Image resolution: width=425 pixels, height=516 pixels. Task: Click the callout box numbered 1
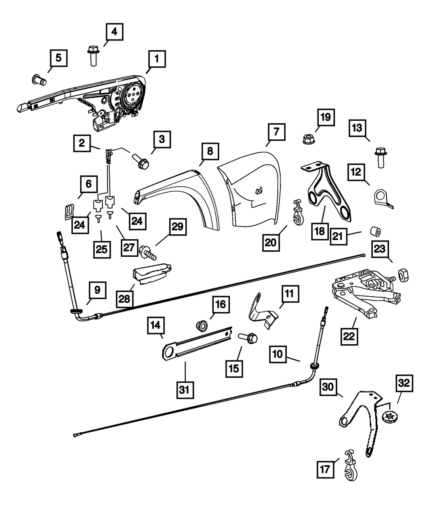157,59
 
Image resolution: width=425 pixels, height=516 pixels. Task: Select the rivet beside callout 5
40,79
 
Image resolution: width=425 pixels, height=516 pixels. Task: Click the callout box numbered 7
277,132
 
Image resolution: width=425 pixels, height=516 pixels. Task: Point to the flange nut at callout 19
309,139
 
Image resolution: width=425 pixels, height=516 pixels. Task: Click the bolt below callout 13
381,158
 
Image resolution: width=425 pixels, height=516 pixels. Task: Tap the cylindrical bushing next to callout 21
375,232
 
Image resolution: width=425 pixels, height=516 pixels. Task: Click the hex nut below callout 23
403,275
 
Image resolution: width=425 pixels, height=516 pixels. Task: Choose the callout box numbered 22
349,336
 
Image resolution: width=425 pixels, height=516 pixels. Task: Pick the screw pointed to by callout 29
148,253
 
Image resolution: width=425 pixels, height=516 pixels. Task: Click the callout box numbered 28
125,299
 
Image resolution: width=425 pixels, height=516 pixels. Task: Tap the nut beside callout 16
201,326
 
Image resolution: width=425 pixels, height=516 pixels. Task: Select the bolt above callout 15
248,338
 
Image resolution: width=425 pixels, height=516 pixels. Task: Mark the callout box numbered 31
185,390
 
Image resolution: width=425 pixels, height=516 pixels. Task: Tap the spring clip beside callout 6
68,212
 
